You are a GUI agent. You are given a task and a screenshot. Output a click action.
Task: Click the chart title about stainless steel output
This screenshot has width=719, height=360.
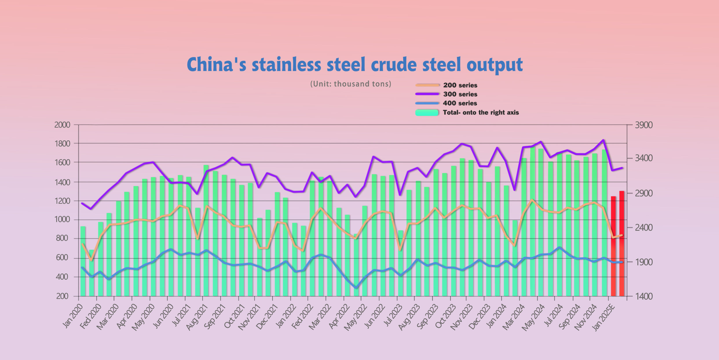tap(355, 64)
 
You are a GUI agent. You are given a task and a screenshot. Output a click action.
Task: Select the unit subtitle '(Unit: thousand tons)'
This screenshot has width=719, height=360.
tap(351, 84)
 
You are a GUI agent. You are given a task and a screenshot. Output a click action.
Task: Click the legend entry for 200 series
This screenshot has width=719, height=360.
tap(460, 85)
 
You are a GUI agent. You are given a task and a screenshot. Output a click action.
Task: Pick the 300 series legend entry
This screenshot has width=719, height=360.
tap(460, 94)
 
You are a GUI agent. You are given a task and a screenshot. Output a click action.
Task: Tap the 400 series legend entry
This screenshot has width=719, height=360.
tap(460, 103)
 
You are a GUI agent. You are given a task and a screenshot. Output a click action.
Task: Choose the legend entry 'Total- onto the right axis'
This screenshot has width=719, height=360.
tap(480, 112)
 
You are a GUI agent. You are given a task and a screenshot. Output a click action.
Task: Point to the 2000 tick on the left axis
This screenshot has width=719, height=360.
tap(62, 125)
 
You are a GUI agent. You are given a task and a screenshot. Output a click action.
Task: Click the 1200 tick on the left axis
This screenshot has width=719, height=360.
tap(62, 201)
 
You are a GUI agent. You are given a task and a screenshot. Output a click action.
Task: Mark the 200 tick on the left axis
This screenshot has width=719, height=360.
tap(62, 296)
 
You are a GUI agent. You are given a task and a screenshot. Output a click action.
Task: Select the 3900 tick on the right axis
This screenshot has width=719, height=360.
tap(644, 125)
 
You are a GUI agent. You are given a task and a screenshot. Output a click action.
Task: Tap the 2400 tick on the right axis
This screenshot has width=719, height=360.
tap(644, 227)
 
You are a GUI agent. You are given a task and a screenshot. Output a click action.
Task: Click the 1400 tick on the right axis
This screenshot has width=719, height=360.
tap(644, 296)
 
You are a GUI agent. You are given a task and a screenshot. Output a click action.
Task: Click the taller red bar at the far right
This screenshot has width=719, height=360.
tap(622, 243)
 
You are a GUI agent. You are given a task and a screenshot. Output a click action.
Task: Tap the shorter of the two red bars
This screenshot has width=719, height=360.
tap(613, 246)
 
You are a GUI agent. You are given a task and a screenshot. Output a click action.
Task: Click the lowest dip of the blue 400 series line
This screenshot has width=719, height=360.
tap(356, 288)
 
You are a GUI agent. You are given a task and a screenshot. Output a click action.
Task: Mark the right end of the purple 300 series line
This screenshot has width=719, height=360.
tap(622, 168)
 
